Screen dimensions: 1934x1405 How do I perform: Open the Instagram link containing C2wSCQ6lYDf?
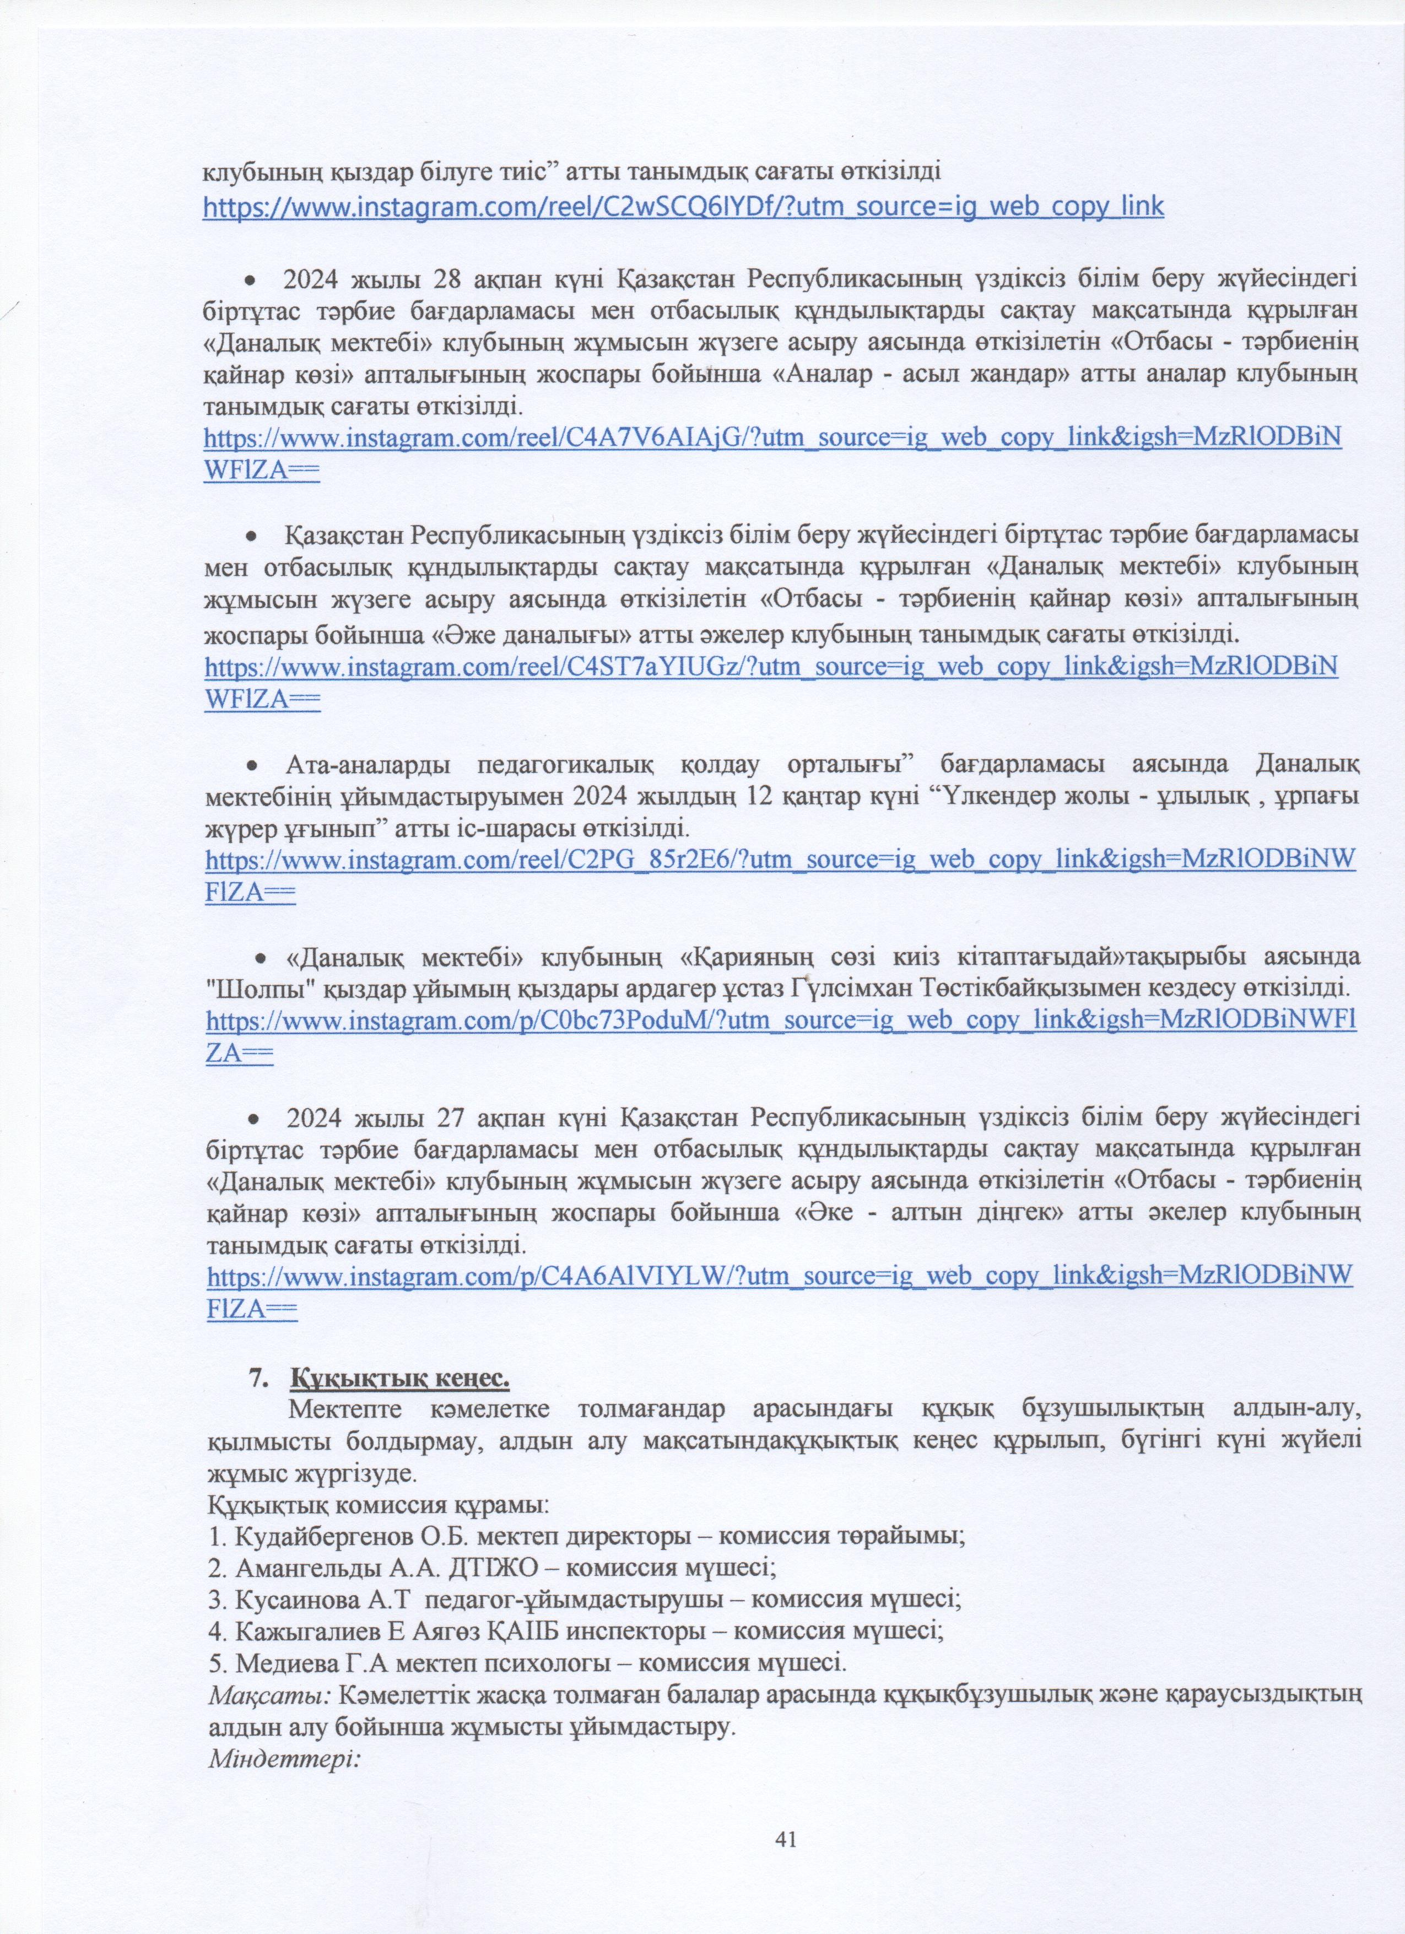pos(683,207)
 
